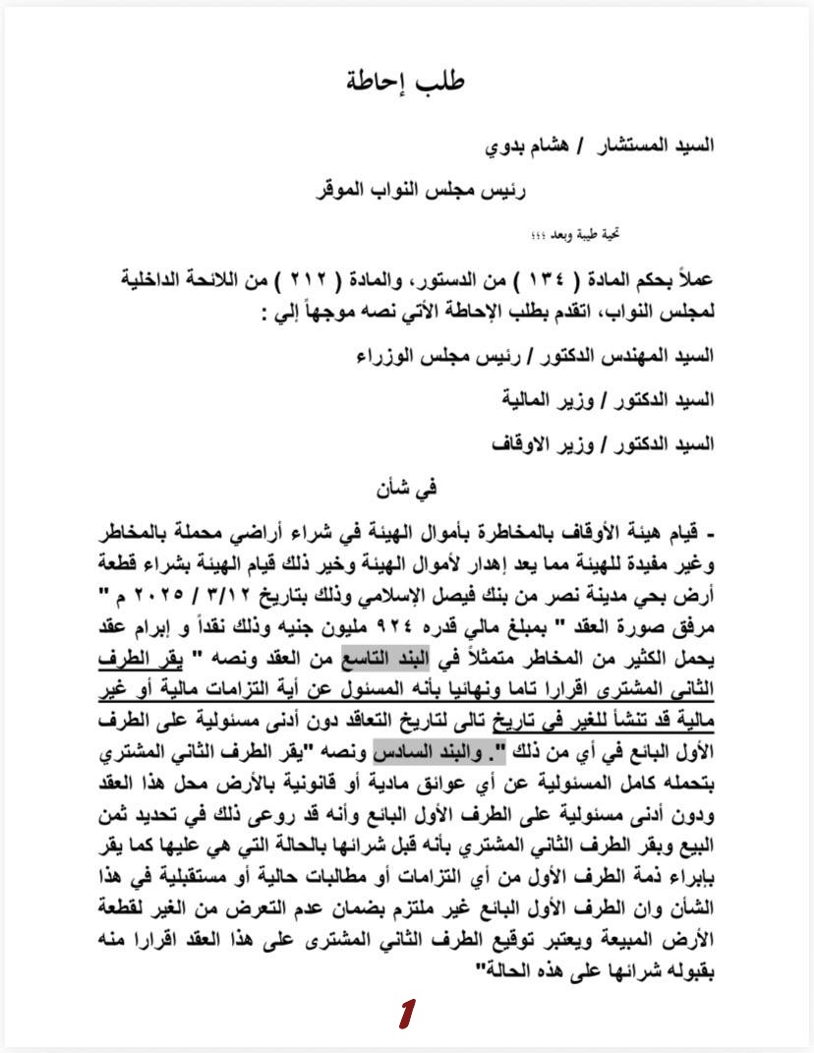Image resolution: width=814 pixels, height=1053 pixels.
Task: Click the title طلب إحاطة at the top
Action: click(x=406, y=81)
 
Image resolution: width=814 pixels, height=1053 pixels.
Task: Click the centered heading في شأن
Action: click(x=406, y=487)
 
